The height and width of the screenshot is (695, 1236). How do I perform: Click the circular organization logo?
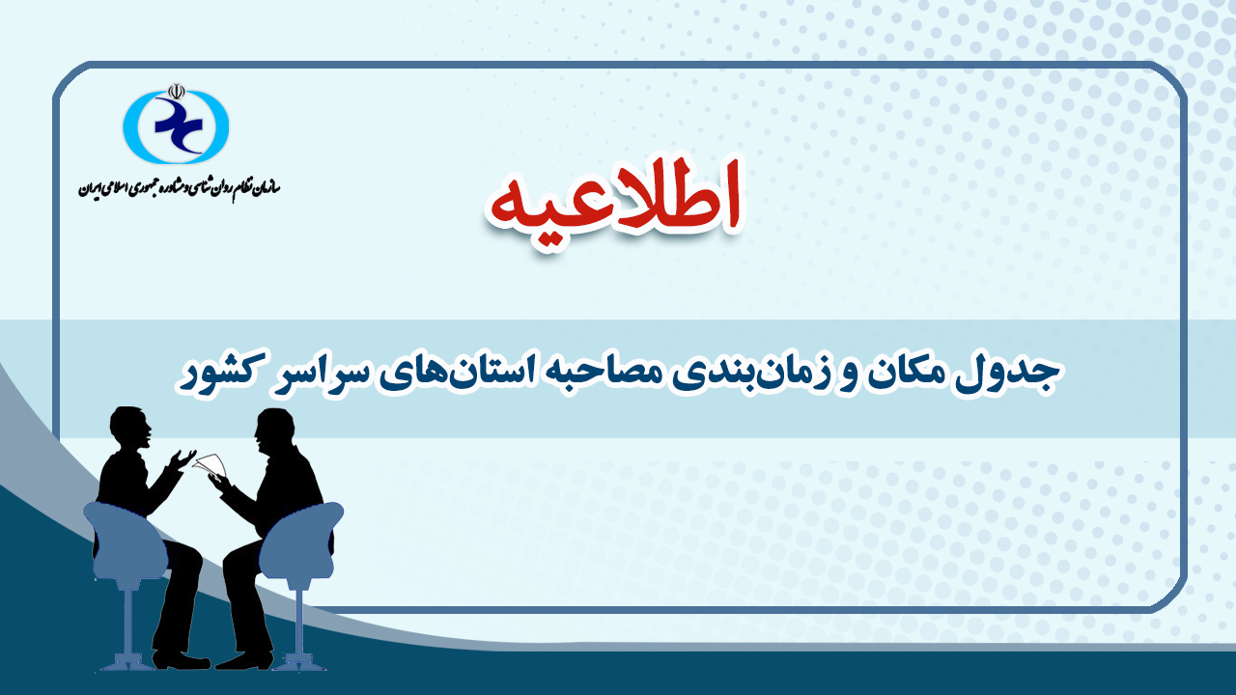[176, 126]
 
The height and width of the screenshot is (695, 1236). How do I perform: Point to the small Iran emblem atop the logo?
[176, 92]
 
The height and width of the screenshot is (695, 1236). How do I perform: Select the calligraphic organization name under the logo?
[180, 188]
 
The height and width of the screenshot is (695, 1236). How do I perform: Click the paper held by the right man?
[211, 464]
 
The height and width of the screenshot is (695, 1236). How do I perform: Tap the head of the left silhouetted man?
[130, 428]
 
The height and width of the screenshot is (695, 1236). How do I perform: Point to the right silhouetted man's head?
[274, 431]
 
